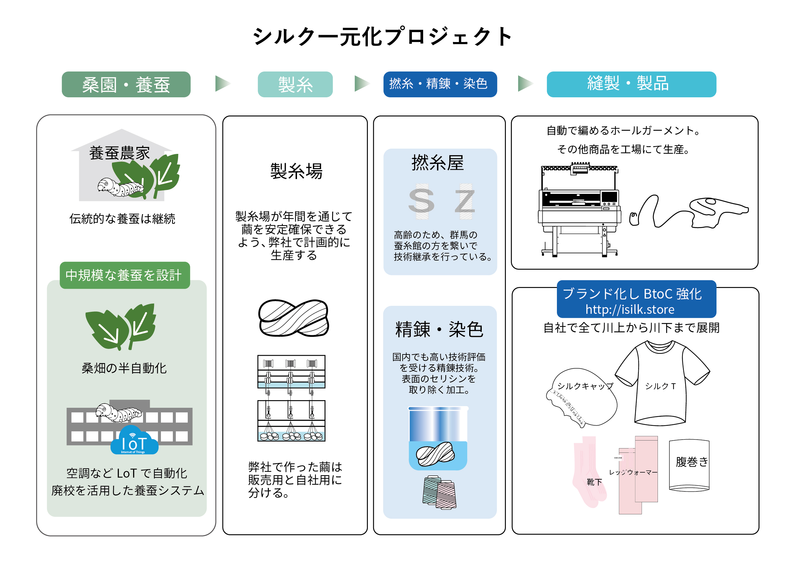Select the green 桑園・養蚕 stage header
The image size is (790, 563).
pos(126,84)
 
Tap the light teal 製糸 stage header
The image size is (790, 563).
pos(295,84)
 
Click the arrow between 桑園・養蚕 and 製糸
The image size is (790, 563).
pos(222,83)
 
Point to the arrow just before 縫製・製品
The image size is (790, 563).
pos(524,83)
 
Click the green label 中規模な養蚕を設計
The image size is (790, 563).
pos(124,275)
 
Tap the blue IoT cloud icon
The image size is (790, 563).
pos(134,441)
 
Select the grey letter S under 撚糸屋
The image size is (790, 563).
pos(421,201)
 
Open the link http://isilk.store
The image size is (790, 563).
pos(629,309)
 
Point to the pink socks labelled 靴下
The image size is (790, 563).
pos(589,471)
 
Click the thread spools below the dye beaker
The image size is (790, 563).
pos(439,492)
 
